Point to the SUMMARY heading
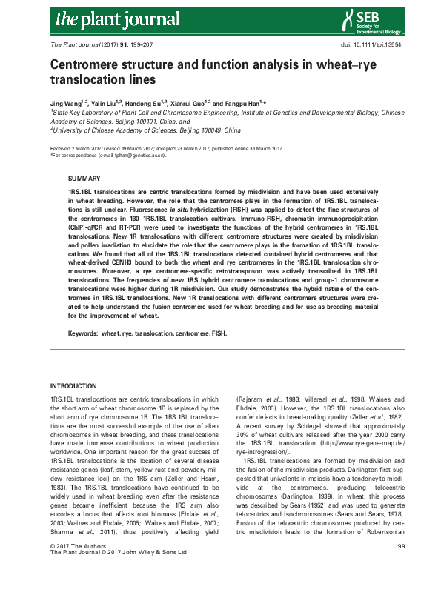pos(82,179)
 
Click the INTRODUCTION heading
pos(72,387)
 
